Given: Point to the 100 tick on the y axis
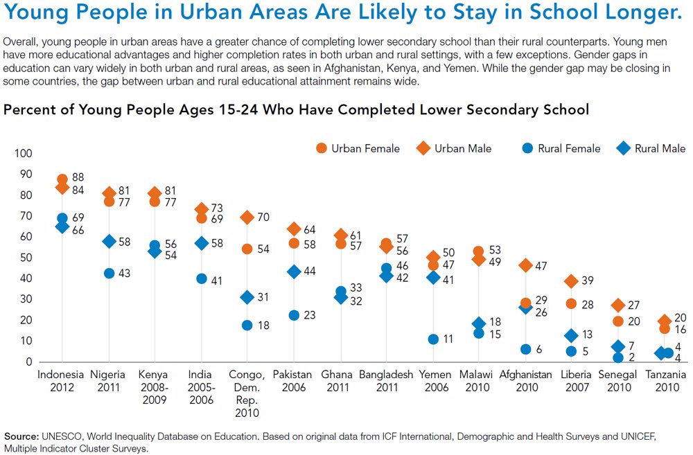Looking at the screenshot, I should coord(23,153).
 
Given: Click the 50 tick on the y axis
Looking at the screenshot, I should coord(25,258).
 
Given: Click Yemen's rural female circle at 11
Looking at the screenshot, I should coord(433,339).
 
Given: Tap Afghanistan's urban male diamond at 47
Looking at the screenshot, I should coord(526,265).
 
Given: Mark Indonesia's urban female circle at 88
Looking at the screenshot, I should coord(62,179).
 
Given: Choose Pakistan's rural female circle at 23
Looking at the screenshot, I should coord(294,315).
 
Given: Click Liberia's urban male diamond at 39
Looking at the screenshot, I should coord(572,281).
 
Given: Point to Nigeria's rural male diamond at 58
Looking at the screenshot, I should coord(109,241).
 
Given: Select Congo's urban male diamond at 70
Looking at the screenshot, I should coord(247,217).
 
